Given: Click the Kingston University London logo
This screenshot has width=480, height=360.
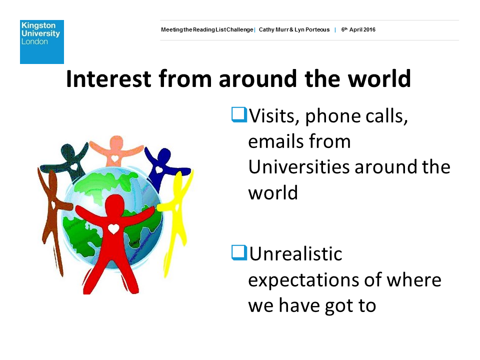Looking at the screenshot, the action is click(42, 42).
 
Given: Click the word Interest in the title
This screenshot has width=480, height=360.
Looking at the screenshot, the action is click(108, 78).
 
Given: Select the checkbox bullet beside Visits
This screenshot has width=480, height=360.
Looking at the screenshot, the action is click(239, 115).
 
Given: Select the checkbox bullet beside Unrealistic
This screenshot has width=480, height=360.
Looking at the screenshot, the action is click(239, 253).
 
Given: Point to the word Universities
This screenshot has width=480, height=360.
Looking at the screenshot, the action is click(298, 167).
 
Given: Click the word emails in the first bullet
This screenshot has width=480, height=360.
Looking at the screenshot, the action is click(276, 141).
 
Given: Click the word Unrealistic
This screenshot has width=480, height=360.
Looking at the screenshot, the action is click(295, 254).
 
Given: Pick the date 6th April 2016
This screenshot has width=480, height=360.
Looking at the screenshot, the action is click(358, 29).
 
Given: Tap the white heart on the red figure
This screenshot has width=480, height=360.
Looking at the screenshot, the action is click(113, 228).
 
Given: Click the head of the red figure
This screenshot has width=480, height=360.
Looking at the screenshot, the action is click(114, 203).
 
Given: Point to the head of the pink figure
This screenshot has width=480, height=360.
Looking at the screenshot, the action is click(116, 143).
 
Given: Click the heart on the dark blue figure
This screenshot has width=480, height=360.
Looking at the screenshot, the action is click(159, 169).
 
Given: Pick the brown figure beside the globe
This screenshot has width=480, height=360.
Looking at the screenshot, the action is click(52, 214).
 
